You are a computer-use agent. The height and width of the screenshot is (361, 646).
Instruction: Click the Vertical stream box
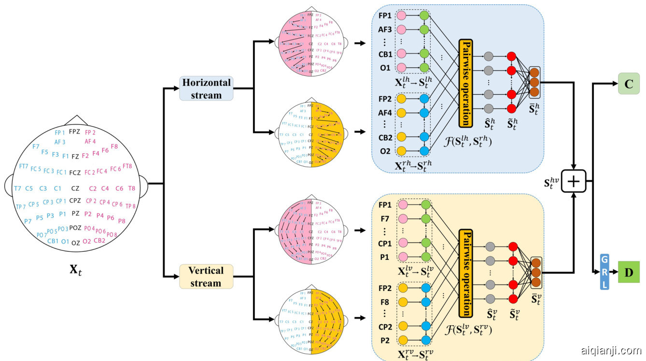click(x=206, y=276)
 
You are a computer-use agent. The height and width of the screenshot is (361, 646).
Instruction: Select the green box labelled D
click(x=628, y=272)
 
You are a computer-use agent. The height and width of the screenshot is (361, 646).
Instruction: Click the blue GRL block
click(x=604, y=272)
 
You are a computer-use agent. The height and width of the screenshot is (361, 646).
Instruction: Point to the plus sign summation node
click(x=573, y=182)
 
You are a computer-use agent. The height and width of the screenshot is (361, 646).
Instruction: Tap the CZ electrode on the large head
click(x=75, y=188)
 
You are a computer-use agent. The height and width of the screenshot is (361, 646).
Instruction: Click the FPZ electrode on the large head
click(x=74, y=131)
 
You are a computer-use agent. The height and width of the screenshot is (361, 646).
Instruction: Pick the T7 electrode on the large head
click(x=17, y=188)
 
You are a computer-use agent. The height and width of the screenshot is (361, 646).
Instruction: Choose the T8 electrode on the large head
click(x=131, y=188)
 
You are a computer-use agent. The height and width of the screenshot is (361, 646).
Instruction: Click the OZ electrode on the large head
click(x=75, y=243)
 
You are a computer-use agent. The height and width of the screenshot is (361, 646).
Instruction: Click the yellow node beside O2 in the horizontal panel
click(x=401, y=151)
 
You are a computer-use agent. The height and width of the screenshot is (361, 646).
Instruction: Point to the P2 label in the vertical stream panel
click(x=386, y=340)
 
